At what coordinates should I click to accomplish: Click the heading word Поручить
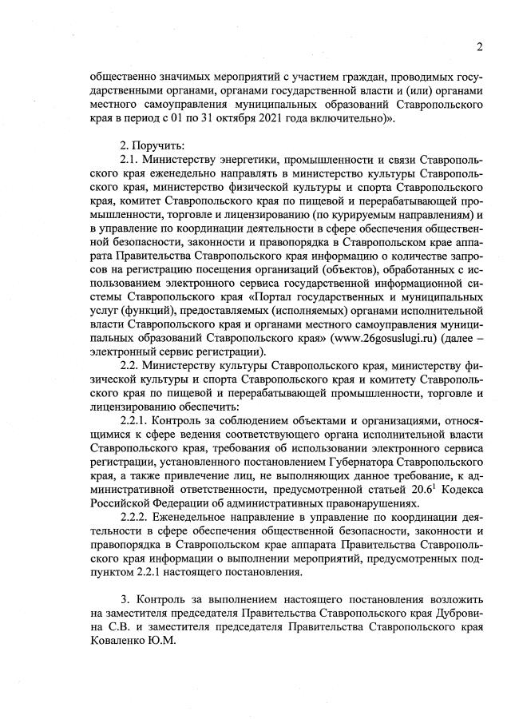pos(148,145)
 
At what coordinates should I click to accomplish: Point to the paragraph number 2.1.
pos(129,160)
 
